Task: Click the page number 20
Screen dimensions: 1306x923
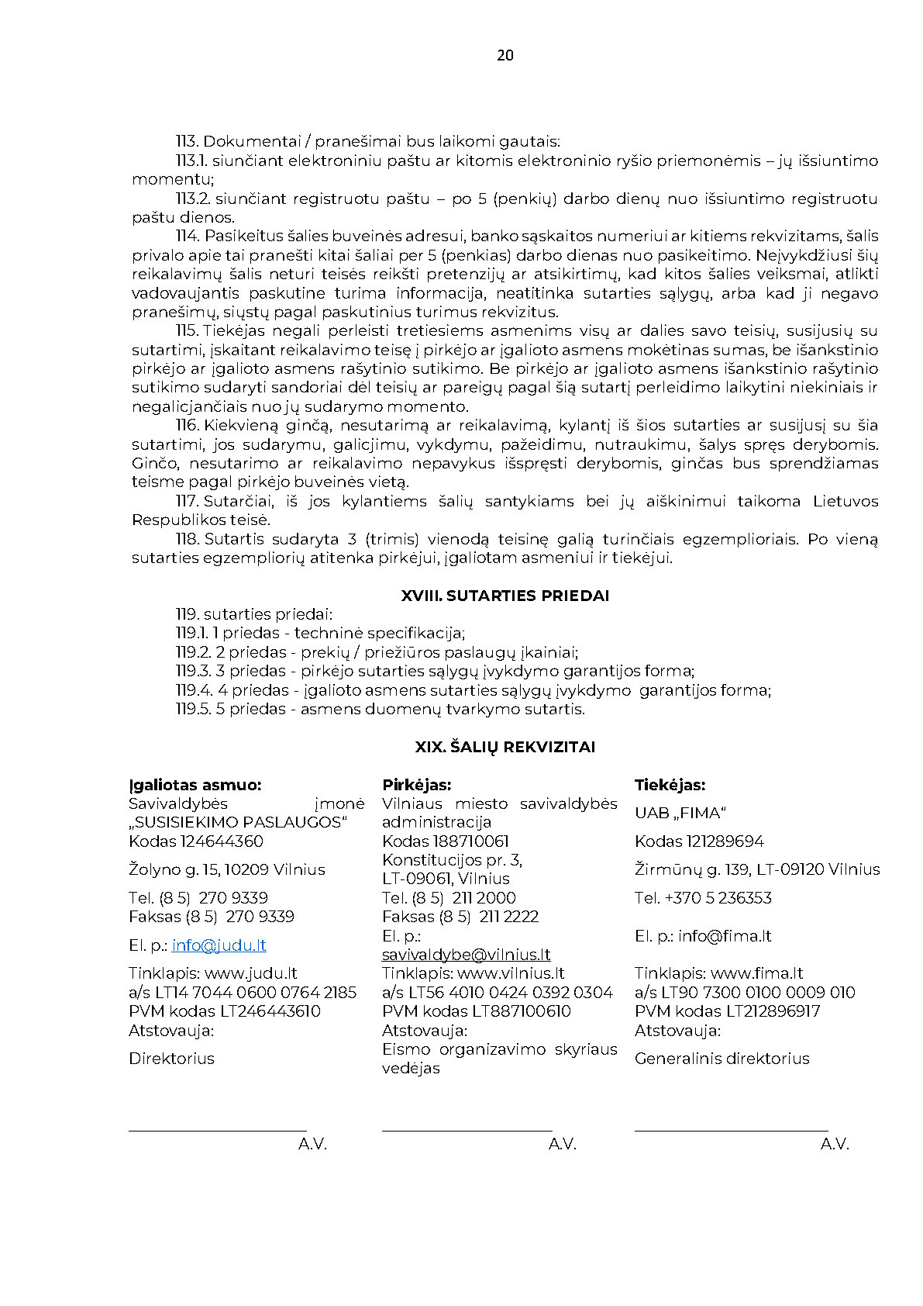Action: [x=505, y=55]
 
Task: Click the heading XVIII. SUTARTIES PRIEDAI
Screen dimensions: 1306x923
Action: [x=505, y=596]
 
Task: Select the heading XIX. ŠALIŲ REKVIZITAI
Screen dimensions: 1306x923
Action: [x=505, y=747]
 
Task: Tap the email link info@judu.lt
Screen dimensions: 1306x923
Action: [x=219, y=945]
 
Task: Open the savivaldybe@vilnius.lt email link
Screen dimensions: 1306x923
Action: [x=466, y=955]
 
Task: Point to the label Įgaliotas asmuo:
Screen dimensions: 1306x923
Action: [x=195, y=785]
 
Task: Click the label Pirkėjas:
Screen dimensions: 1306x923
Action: [x=416, y=785]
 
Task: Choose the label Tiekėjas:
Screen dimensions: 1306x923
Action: [x=670, y=785]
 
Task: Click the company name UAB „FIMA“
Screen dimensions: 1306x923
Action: [x=680, y=813]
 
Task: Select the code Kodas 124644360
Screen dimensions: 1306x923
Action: [x=196, y=841]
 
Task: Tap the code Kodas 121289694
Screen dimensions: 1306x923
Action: [x=699, y=841]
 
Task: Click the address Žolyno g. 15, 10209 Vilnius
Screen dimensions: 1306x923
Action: [x=227, y=869]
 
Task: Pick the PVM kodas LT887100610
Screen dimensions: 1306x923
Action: [x=476, y=1011]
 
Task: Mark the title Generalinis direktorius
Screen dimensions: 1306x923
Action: [x=722, y=1059]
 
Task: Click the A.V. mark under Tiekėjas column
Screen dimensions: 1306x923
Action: [x=835, y=1144]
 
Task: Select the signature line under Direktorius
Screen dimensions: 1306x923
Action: [x=217, y=1130]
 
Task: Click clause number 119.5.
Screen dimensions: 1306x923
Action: [x=193, y=709]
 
